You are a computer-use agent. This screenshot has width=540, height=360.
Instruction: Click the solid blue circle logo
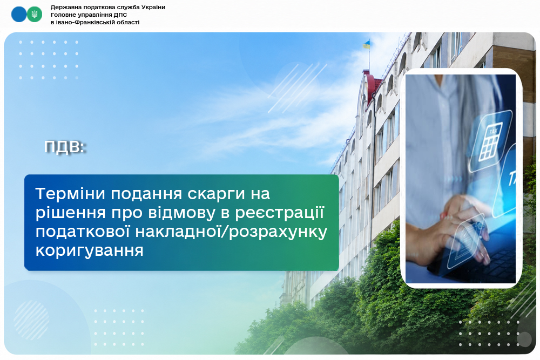[19, 15]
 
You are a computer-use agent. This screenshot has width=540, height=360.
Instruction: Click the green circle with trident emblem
[35, 15]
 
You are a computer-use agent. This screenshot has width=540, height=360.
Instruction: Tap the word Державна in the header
[64, 7]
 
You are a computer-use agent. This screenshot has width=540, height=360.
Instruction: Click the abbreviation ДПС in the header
[120, 15]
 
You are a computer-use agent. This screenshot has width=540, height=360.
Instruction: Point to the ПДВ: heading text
[65, 147]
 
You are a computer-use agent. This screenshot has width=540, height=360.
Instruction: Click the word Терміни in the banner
[70, 193]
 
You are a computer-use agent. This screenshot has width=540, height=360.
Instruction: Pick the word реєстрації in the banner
[280, 213]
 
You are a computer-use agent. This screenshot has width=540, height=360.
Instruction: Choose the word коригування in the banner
[90, 251]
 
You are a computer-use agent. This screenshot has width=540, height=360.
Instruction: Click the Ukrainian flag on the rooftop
[367, 44]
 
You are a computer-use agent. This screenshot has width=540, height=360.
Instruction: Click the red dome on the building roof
[373, 86]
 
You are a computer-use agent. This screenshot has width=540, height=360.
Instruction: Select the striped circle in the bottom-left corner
[31, 320]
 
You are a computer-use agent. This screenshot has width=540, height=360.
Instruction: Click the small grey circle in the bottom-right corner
[524, 339]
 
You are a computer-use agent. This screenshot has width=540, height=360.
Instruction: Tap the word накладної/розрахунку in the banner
[232, 232]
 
